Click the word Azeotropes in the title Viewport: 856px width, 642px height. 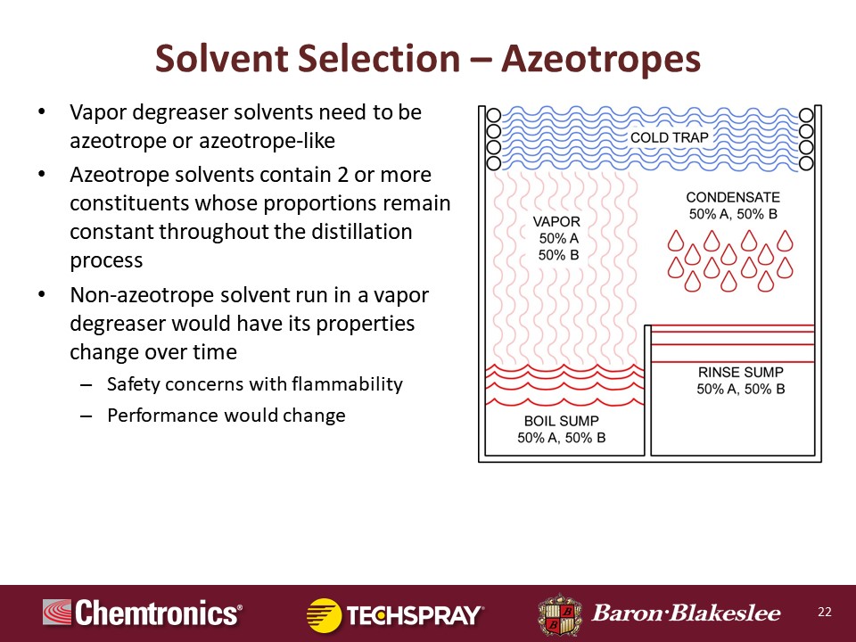click(x=601, y=59)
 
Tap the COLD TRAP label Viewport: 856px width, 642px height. click(x=670, y=137)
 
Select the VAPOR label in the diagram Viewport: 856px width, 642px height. click(x=556, y=222)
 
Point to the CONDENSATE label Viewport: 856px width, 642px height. click(x=733, y=197)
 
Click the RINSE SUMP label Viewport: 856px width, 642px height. click(x=740, y=373)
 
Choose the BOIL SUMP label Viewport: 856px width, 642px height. click(x=561, y=421)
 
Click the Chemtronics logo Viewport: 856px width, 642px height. click(x=143, y=613)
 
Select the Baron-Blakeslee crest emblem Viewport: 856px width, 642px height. click(x=560, y=614)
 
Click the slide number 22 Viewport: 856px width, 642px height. click(x=824, y=612)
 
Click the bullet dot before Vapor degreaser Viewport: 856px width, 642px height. click(x=42, y=113)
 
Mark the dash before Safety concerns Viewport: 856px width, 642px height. click(x=86, y=385)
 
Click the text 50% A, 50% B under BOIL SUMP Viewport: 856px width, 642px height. click(x=561, y=438)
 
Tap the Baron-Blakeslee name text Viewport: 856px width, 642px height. click(x=687, y=613)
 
